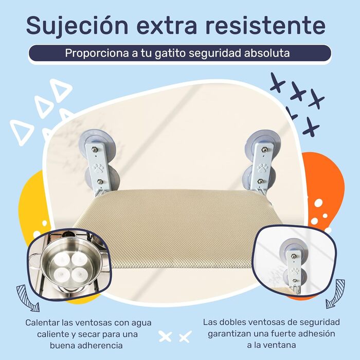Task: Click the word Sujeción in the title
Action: (x=77, y=26)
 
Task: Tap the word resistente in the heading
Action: (x=265, y=25)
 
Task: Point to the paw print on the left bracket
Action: (x=98, y=168)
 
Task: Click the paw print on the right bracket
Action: (x=262, y=168)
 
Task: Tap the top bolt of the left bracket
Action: (x=94, y=150)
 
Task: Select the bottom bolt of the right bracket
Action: (x=260, y=182)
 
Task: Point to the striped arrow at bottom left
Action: (x=26, y=298)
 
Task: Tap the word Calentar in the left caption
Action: (x=42, y=322)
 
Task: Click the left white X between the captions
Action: (x=165, y=336)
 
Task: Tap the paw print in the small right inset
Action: (x=295, y=272)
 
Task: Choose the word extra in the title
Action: (x=167, y=26)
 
